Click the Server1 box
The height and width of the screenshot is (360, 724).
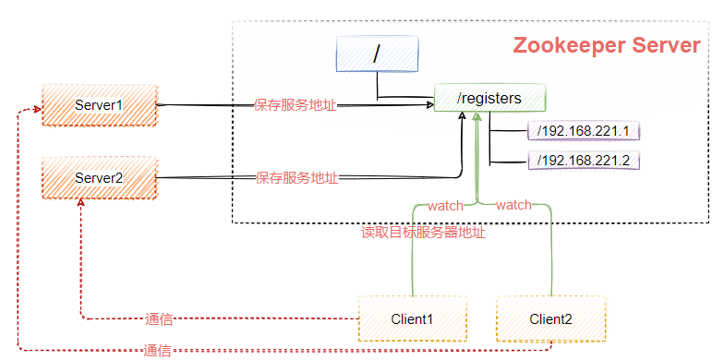(x=99, y=105)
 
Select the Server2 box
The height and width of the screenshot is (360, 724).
(x=99, y=176)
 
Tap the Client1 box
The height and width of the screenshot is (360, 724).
(x=413, y=319)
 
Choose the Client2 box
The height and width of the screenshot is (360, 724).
(x=550, y=319)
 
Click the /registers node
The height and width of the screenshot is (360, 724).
(x=489, y=98)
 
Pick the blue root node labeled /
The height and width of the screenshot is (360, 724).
(x=376, y=55)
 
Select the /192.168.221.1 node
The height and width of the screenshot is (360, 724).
(x=583, y=131)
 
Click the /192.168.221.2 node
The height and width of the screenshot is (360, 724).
(x=583, y=161)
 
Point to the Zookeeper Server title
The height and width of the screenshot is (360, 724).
(x=606, y=46)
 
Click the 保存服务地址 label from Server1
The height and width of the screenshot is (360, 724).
(x=296, y=105)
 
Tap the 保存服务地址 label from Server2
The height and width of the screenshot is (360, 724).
(x=296, y=176)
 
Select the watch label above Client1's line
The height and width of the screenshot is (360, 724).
(x=445, y=205)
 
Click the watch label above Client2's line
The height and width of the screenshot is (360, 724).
(x=513, y=205)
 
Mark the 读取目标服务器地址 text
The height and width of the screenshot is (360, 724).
(x=423, y=233)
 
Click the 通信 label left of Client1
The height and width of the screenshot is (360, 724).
(x=159, y=319)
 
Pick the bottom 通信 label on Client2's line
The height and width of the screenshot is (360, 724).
(x=157, y=351)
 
